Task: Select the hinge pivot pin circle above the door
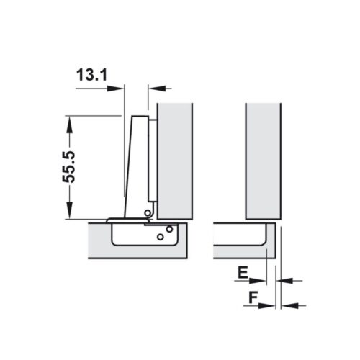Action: tap(147, 212)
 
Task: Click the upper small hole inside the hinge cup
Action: tap(169, 229)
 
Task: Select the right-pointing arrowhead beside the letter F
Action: tap(269, 305)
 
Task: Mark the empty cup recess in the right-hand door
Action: tap(241, 235)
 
